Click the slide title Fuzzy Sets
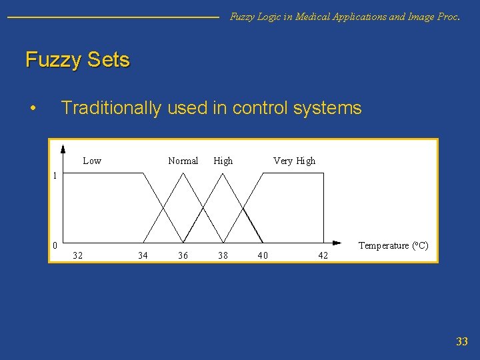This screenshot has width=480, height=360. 77,60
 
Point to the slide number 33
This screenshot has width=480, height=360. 461,342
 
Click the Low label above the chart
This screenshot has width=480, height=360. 92,161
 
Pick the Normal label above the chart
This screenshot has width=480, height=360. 183,161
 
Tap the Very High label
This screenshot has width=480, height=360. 294,161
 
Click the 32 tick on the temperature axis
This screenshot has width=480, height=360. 78,255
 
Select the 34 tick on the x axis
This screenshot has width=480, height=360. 143,255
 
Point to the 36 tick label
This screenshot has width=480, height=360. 183,255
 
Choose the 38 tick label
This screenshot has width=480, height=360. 223,255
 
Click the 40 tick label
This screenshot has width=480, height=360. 263,255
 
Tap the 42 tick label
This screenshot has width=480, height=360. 323,255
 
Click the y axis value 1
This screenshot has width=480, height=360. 55,176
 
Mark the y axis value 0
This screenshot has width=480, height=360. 55,245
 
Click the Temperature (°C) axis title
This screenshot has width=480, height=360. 393,245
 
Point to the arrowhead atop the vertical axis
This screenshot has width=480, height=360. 62,149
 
